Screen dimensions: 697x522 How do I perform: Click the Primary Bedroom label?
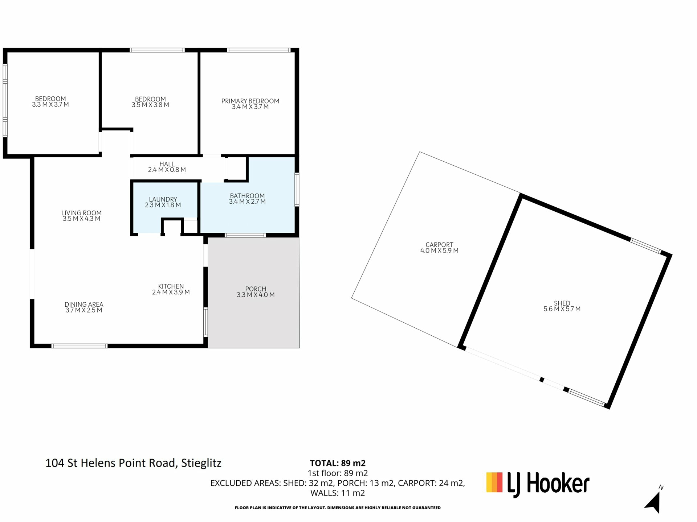coord(250,101)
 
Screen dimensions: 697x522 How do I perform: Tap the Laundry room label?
coord(163,199)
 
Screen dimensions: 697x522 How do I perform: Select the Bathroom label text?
coord(247,196)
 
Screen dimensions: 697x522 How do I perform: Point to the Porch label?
coord(256,289)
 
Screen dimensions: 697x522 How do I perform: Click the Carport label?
coord(439,245)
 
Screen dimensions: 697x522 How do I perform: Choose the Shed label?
coord(562,303)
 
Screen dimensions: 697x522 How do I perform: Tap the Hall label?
coord(167,164)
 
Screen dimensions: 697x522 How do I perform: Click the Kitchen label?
coord(171,286)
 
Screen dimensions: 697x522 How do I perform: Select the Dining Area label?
coord(84,304)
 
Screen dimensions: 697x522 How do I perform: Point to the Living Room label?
coord(81,213)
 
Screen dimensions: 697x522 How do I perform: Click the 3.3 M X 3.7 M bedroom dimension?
coord(50,105)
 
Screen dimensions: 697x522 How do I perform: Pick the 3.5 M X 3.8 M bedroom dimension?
coord(150,105)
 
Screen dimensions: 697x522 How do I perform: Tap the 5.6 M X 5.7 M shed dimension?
coord(562,309)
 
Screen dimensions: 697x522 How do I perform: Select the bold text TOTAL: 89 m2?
coord(338,463)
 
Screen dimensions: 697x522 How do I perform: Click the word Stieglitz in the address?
coord(201,463)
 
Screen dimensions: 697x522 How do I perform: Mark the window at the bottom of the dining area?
coord(80,346)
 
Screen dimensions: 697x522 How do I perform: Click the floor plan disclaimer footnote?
coord(338,508)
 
